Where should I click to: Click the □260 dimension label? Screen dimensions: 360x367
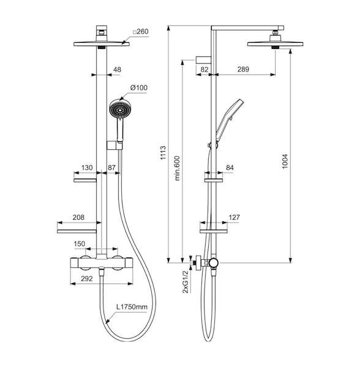[x=141, y=32]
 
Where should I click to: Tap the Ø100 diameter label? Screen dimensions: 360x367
[x=139, y=87]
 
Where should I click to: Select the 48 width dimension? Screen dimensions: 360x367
[x=117, y=70]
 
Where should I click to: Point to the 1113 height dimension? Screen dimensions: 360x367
[x=163, y=153]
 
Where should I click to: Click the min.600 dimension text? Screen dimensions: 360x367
[x=178, y=168]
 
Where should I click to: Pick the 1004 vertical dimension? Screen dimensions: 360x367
[x=285, y=161]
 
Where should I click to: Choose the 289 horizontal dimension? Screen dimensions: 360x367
[x=243, y=69]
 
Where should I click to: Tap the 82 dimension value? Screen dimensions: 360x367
[x=204, y=69]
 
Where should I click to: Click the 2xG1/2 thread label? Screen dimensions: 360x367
[x=185, y=282]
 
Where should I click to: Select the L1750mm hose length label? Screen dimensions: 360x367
[x=132, y=307]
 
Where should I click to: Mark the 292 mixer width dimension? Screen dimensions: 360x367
[x=87, y=278]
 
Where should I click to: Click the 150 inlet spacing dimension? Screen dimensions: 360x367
[x=80, y=244]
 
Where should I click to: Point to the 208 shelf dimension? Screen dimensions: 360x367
[x=78, y=217]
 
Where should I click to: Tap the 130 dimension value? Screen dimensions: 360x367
[x=87, y=168]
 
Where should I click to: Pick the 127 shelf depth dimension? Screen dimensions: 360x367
[x=234, y=217]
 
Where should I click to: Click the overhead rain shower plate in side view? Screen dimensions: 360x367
[x=276, y=44]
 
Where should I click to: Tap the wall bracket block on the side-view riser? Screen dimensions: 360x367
[x=203, y=60]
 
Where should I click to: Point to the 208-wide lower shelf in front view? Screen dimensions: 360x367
[x=77, y=231]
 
